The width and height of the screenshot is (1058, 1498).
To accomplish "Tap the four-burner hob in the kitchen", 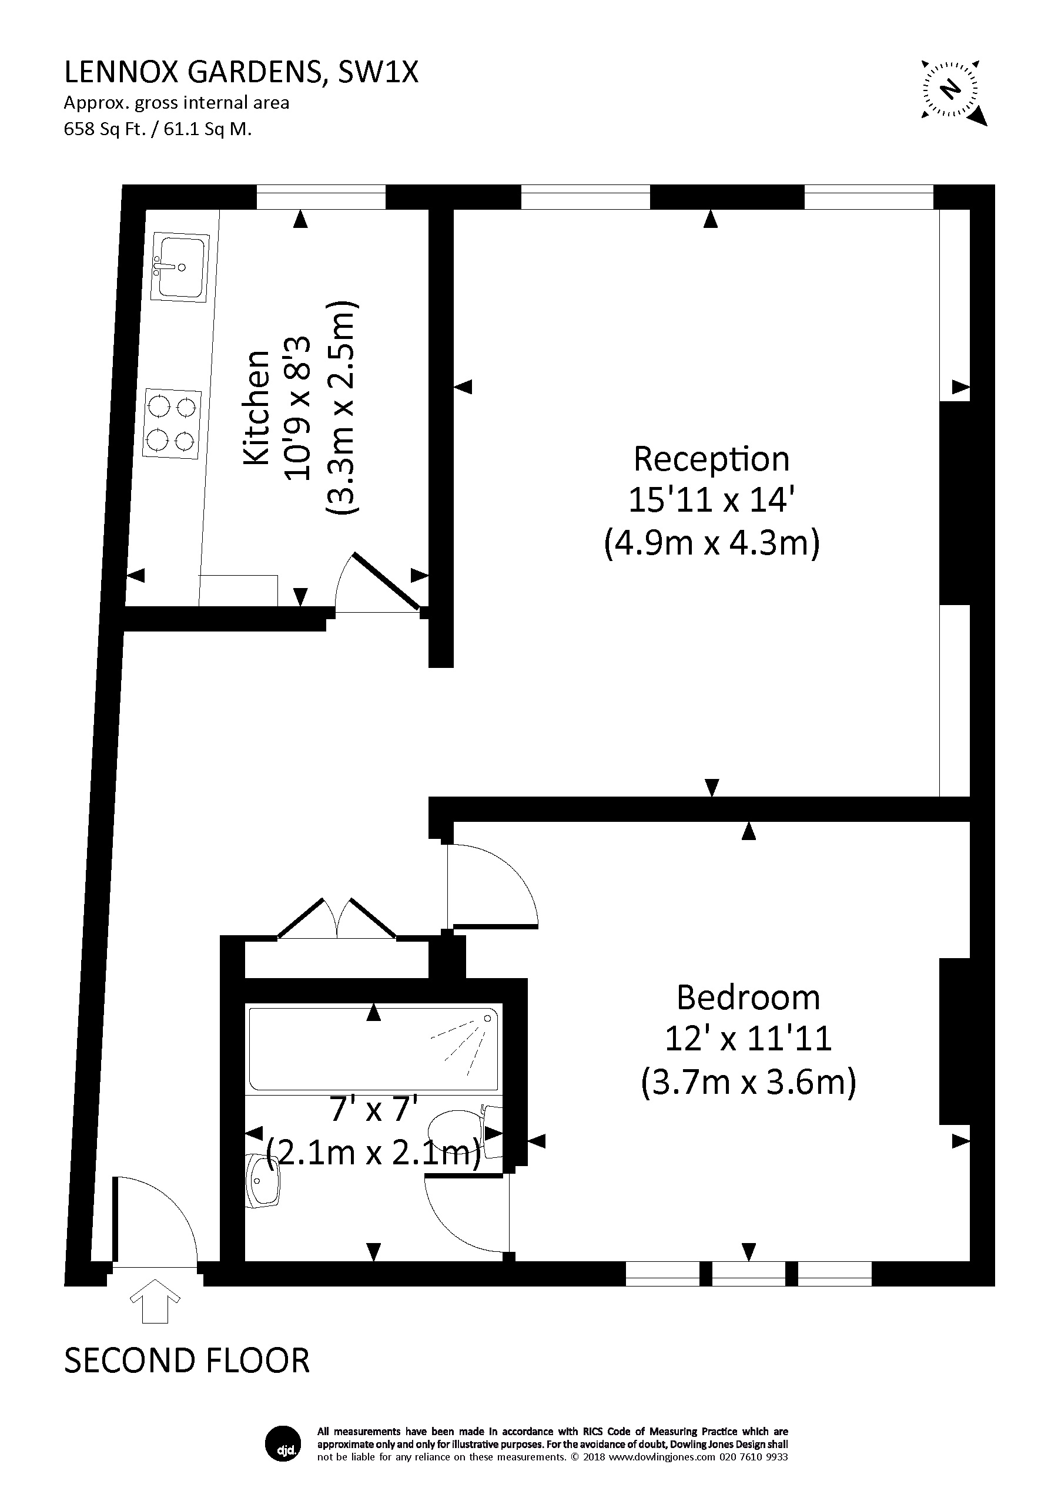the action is point(172,425).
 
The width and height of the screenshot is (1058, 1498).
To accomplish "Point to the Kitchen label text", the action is point(256,408).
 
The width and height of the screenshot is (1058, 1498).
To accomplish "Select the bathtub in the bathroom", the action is point(373,1049).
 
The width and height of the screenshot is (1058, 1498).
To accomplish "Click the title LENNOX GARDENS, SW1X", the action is point(242,72).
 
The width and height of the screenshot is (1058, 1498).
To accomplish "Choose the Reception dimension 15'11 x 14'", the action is point(711,501).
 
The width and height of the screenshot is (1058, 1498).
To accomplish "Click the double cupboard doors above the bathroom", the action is point(337,919).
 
